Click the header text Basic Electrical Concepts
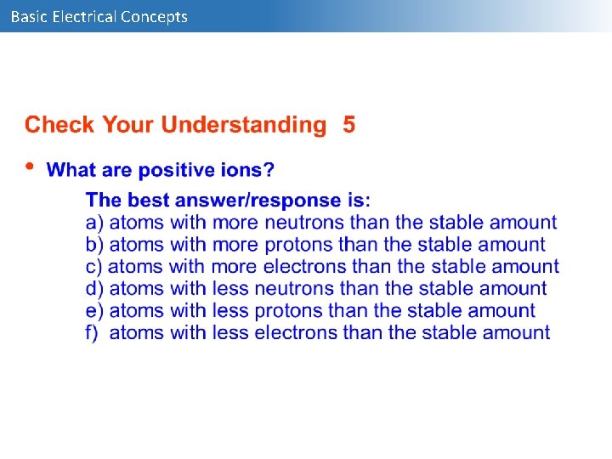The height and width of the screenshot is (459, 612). coord(99,16)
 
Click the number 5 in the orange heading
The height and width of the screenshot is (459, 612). coord(349,125)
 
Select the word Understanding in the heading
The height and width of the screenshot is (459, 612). coord(243,126)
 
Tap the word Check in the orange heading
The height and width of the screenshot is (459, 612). coord(59,125)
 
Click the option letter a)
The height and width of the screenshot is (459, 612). coord(94,223)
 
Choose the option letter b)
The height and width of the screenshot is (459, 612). coord(94,245)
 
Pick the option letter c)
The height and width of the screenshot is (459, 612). coord(94,267)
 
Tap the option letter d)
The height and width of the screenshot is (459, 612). coord(94,289)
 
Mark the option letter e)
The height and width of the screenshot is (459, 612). coord(94,311)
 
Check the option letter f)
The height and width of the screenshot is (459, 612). coord(93,333)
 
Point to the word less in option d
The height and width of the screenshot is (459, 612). coord(229,289)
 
